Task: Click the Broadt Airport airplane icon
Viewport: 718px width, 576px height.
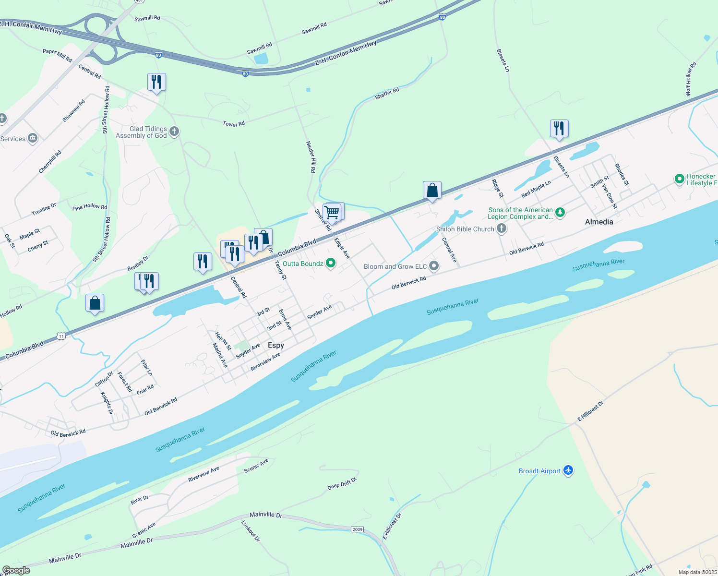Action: point(568,470)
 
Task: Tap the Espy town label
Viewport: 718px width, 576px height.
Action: point(276,345)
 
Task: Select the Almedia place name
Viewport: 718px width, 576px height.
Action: point(599,222)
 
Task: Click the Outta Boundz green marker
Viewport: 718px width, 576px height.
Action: point(331,263)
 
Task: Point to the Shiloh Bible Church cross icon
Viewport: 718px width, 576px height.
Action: point(502,228)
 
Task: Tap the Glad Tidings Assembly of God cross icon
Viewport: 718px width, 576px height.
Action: point(174,131)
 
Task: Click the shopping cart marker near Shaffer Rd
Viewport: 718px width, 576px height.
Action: point(332,212)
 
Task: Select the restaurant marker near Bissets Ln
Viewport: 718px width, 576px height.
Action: point(559,129)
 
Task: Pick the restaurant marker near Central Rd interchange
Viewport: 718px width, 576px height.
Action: point(156,82)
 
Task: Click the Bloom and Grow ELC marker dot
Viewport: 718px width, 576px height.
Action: point(434,266)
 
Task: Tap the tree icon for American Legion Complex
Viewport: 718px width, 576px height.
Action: point(560,212)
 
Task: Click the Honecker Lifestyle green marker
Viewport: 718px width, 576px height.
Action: point(679,179)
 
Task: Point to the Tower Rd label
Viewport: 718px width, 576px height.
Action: point(234,124)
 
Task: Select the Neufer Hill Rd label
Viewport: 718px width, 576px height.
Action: point(311,156)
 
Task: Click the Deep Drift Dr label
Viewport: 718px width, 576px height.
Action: point(342,484)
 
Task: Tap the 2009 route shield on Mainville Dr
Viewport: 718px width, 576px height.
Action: point(357,529)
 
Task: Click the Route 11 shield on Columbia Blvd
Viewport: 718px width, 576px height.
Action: point(61,336)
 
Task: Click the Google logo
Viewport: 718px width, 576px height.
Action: point(16,570)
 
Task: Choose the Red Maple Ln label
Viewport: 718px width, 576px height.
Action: point(536,189)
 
